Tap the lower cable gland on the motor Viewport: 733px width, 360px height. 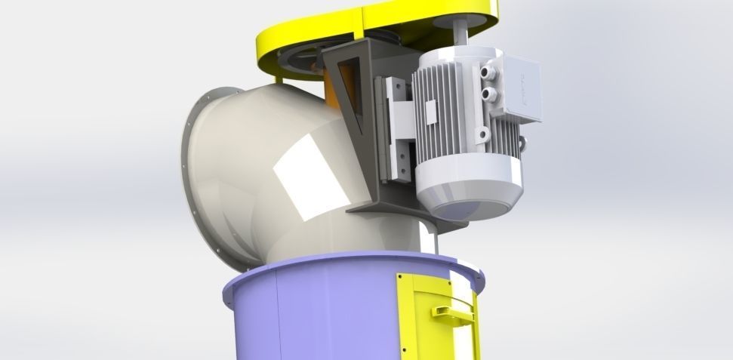tap(490, 94)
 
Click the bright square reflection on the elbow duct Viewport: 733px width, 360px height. tap(306, 180)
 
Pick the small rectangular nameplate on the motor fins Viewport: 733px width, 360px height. tap(430, 113)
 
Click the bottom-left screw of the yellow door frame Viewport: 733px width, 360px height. tap(402, 354)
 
